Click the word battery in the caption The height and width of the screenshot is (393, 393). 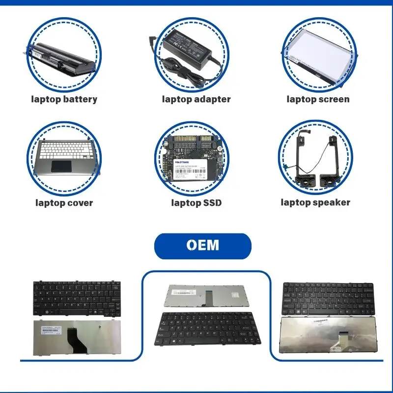coord(80,99)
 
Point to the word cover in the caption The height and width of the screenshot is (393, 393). coord(78,202)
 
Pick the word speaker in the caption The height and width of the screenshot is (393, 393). coord(333,202)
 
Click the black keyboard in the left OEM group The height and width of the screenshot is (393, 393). coord(77,298)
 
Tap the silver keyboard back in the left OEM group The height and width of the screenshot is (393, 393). coord(77,337)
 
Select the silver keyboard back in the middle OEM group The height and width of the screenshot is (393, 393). coord(207,295)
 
